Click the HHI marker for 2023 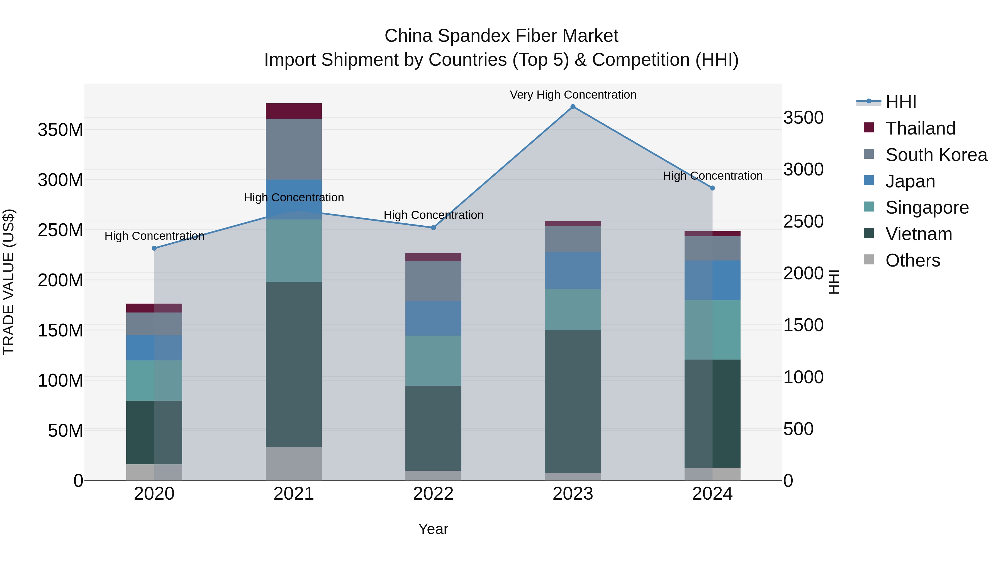coord(573,107)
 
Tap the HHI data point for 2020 coord(154,248)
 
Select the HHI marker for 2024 coord(712,188)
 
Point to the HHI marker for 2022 coord(433,228)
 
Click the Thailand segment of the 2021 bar coord(294,111)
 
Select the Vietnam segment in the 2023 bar coord(573,401)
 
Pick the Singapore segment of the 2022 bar coord(433,360)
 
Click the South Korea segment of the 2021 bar coord(294,149)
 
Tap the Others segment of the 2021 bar coord(294,463)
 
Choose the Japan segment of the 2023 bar coord(573,270)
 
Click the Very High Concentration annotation coord(573,95)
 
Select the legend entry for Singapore coord(927,207)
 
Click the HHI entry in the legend coord(900,102)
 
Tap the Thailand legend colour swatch coord(869,128)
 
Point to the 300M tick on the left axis coord(60,180)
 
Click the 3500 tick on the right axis coord(803,118)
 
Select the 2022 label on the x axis coord(433,494)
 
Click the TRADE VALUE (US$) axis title coord(9,282)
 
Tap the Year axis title coord(433,529)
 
